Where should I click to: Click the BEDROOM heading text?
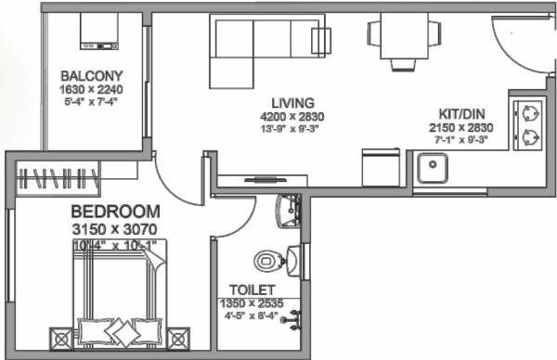(x=115, y=211)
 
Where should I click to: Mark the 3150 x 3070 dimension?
(x=115, y=228)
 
